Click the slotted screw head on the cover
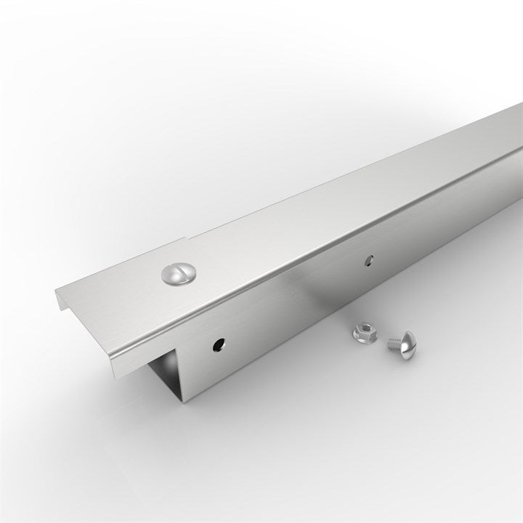[x=177, y=274]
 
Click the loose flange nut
[x=365, y=333]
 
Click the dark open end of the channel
[x=166, y=370]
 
